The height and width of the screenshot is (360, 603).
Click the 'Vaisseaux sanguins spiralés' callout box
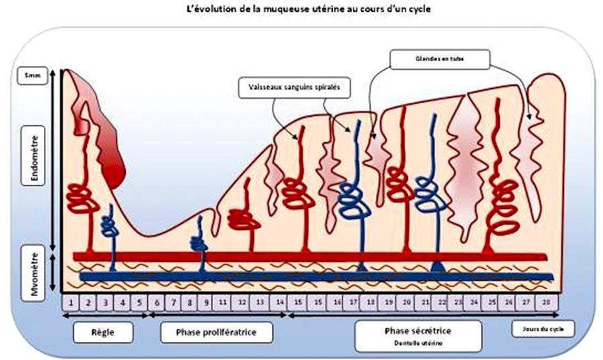(x=294, y=87)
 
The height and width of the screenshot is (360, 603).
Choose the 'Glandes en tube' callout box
(x=440, y=58)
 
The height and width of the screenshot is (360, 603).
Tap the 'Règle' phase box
(x=103, y=331)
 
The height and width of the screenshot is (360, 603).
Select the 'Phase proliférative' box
(x=216, y=332)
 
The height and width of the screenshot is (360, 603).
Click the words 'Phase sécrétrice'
(x=417, y=331)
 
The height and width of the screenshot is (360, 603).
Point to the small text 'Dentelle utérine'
(x=417, y=343)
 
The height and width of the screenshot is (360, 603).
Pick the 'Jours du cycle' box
(x=543, y=329)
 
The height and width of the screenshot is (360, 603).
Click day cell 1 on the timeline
(x=70, y=302)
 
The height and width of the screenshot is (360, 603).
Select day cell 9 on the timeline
(x=207, y=302)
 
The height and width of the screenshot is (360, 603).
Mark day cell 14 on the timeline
(x=280, y=302)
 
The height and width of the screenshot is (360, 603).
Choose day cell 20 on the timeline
(x=406, y=302)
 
